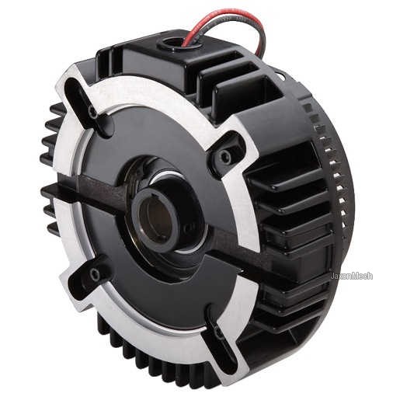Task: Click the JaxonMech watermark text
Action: pyautogui.click(x=351, y=276)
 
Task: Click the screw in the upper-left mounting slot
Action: pyautogui.click(x=92, y=112)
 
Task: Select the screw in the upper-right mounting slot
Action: pyautogui.click(x=224, y=156)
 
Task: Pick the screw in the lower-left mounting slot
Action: pyautogui.click(x=95, y=274)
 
